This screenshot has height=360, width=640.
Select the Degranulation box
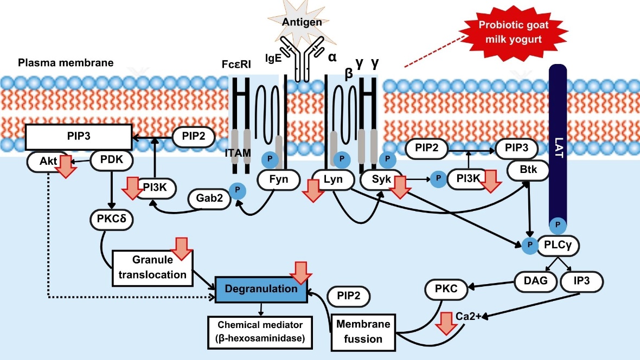(x=261, y=288)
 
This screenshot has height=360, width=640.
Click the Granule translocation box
(x=152, y=267)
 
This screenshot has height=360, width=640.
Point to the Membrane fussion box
(x=363, y=331)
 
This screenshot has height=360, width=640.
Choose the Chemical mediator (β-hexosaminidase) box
(x=261, y=332)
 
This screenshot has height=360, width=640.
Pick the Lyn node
(x=331, y=179)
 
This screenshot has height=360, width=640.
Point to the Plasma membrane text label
(x=66, y=62)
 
